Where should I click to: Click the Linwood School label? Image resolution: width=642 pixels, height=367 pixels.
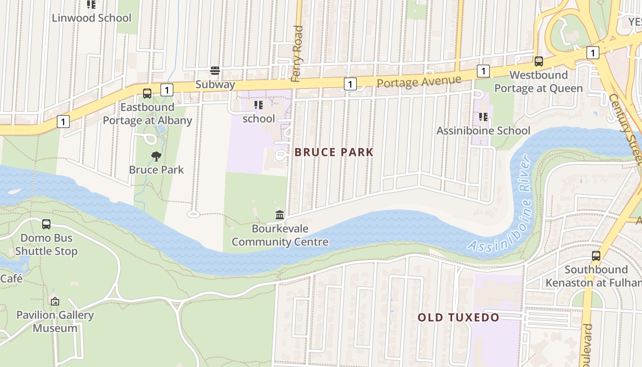coord(91,18)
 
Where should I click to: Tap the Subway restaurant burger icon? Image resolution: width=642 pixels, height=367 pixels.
coord(215,71)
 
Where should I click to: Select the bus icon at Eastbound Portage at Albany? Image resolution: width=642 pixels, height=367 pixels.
coord(147,93)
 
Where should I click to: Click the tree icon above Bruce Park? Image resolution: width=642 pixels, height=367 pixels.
coord(156,156)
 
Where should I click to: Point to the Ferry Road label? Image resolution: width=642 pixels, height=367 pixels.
coord(297,54)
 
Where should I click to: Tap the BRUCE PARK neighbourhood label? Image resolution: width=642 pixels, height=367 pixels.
coord(334,152)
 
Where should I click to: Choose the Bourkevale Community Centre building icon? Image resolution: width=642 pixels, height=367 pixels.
coord(280,215)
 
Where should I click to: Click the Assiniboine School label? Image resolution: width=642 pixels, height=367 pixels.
coord(483,131)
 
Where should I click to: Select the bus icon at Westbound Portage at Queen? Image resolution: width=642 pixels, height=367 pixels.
coord(539,61)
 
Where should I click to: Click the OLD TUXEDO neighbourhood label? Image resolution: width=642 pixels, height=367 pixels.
coord(458,317)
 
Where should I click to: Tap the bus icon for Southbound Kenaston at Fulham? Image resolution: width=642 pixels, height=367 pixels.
coord(596,256)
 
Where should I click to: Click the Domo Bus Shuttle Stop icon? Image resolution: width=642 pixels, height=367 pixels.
coord(46,224)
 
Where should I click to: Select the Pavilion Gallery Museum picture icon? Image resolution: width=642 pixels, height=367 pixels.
coord(55,301)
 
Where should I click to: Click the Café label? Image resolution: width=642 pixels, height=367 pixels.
coord(11,278)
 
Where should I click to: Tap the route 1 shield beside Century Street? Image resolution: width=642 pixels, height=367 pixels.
coord(593,53)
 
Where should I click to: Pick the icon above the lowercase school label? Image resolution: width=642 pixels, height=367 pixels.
coord(259,105)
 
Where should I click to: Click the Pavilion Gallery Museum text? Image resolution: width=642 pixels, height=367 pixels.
coord(55,322)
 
